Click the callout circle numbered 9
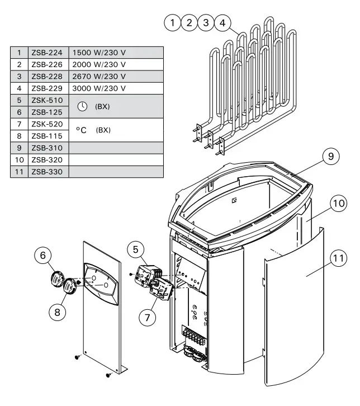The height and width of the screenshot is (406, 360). point(330,157)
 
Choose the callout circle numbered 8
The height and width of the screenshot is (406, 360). point(57,311)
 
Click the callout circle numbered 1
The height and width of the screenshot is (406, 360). point(173,23)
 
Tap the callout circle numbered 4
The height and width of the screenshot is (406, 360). point(222,23)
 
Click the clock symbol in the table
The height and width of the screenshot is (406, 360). point(82,106)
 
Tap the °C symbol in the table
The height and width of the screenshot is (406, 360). point(81,130)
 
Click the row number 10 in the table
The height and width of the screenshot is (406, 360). point(19,160)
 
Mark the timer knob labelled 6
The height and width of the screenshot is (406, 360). point(58,278)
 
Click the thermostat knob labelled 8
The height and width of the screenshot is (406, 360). point(69,286)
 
